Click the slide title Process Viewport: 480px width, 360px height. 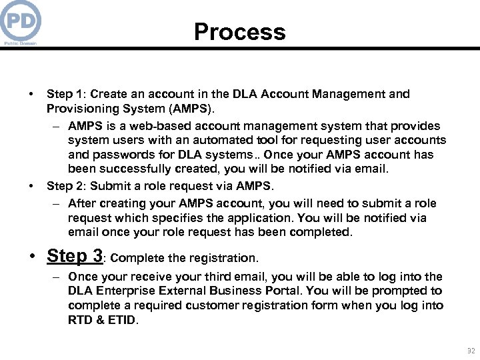[240, 32]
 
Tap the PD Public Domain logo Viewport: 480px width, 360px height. [21, 22]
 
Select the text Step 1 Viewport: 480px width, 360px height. [65, 94]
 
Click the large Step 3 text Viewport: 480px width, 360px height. [75, 256]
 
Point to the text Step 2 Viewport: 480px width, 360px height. [65, 185]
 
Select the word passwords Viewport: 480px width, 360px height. [118, 155]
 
